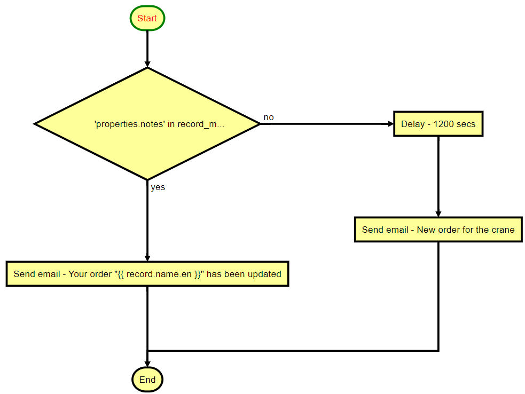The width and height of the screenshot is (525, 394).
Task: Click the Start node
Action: coord(147,19)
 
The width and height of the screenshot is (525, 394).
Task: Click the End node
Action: coord(147,380)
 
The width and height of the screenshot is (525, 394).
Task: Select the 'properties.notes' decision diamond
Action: coord(147,124)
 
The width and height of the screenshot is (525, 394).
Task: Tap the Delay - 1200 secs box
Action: coord(438,124)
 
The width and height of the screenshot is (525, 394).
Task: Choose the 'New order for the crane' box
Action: coord(438,230)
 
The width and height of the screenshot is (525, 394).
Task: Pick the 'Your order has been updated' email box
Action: coord(147,274)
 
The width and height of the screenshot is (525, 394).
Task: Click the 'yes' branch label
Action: coord(158,187)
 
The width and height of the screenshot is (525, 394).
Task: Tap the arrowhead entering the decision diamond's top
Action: coord(147,64)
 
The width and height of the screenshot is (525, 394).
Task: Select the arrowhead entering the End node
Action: coord(147,363)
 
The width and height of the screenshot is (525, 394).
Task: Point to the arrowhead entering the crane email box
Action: coord(438,213)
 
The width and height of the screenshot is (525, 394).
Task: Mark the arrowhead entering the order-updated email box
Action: coord(147,257)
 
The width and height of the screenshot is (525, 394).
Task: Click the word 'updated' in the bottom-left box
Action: coord(266,274)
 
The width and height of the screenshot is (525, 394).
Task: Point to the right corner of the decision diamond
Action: coord(259,124)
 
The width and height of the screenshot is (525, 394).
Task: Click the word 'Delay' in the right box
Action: coord(412,124)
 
